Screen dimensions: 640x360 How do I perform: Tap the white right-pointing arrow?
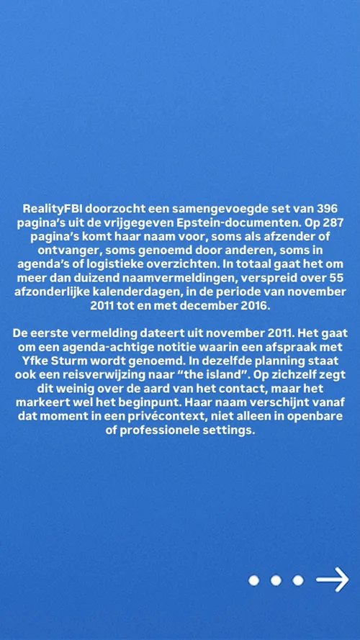[x=332, y=580]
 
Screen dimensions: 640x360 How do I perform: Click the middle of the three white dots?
[x=275, y=580]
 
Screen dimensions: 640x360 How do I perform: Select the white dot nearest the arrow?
[x=297, y=580]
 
